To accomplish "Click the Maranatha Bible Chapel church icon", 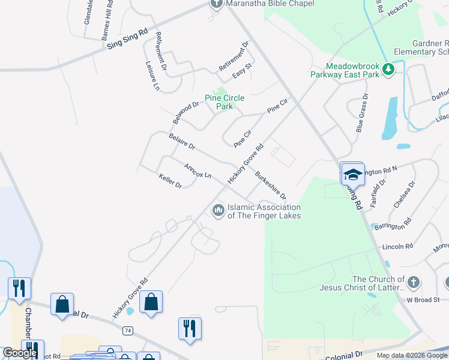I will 217,4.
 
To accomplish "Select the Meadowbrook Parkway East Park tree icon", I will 388,70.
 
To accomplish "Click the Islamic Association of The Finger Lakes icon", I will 217,210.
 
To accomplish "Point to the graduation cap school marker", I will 353,174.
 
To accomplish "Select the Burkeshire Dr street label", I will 271,185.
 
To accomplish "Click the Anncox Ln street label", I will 197,171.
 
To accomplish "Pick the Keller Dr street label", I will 170,181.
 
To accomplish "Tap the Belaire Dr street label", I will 182,142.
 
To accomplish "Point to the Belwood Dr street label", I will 185,112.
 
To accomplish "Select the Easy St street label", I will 241,76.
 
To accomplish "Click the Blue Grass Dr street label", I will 361,112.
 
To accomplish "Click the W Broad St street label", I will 423,299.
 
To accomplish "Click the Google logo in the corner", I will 20,353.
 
